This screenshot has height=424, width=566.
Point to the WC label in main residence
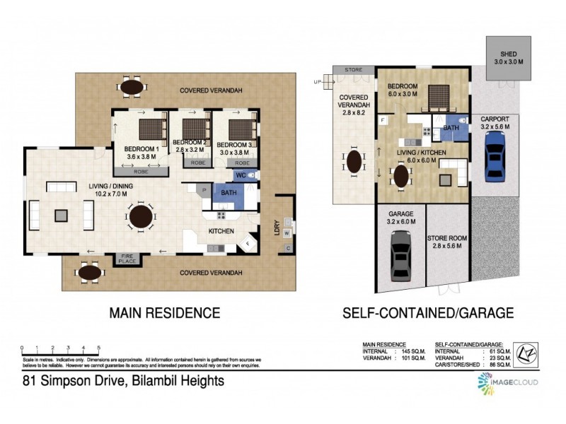(x=240, y=175)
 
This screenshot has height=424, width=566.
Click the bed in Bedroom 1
(x=150, y=129)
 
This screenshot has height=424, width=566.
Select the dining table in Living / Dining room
(x=141, y=216)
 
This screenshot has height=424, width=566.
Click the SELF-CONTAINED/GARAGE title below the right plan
(x=427, y=312)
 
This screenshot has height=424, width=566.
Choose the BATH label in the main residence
(x=228, y=192)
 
